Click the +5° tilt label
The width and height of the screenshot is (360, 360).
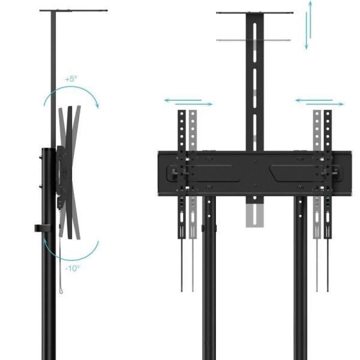coord(72,79)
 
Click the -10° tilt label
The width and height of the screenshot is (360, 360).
coord(73,268)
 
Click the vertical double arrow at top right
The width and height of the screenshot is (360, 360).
coord(310,26)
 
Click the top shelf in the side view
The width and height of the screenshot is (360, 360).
coord(74,11)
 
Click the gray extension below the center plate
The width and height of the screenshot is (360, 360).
coord(254,213)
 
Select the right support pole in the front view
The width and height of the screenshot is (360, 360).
coord(300,282)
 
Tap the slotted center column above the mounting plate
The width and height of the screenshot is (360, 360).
coord(255,84)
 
